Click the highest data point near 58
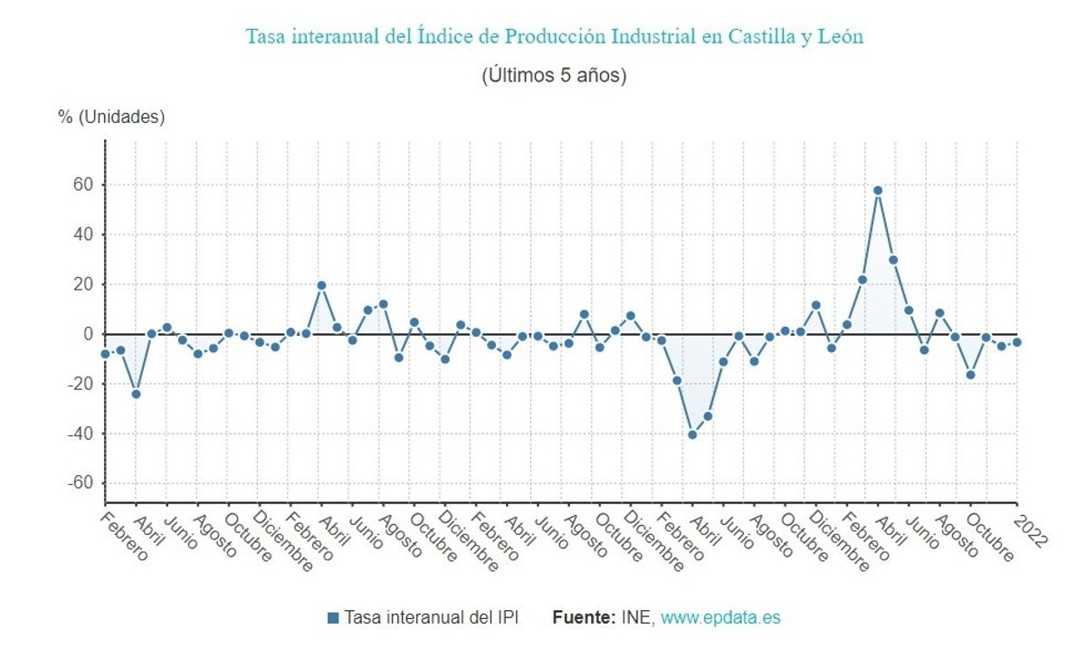pyautogui.click(x=878, y=190)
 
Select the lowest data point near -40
pyautogui.click(x=692, y=434)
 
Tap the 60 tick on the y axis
pyautogui.click(x=83, y=185)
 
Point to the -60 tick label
pyautogui.click(x=80, y=483)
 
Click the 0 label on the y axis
pyautogui.click(x=89, y=334)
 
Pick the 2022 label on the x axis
pyautogui.click(x=1030, y=530)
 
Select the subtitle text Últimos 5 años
pyautogui.click(x=554, y=75)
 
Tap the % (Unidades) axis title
pyautogui.click(x=111, y=118)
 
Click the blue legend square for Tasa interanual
pyautogui.click(x=333, y=618)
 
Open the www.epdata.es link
pyautogui.click(x=719, y=618)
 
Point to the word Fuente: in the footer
pyautogui.click(x=584, y=618)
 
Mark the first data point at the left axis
pyautogui.click(x=105, y=354)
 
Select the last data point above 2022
pyautogui.click(x=1017, y=342)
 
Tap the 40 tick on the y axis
pyautogui.click(x=83, y=234)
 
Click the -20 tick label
pyautogui.click(x=80, y=384)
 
